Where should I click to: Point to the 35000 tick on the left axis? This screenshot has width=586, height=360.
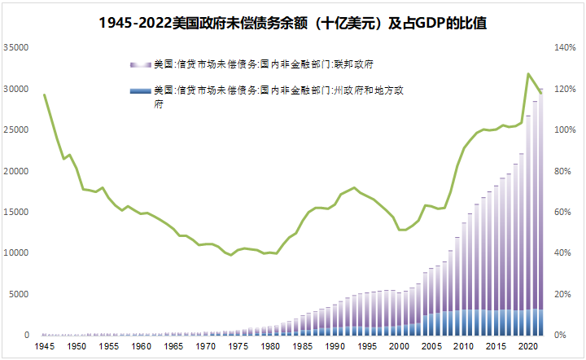[x=17, y=48]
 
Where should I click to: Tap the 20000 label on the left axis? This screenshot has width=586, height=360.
[x=17, y=171]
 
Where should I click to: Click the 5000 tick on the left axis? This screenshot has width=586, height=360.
[x=20, y=294]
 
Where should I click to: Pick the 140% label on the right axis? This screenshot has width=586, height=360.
[x=564, y=48]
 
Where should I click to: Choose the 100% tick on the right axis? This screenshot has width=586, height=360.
[x=564, y=130]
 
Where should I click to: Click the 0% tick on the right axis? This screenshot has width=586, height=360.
[x=560, y=336]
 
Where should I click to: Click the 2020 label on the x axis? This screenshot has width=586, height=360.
[x=525, y=347]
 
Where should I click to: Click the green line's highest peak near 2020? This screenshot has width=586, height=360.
[x=529, y=74]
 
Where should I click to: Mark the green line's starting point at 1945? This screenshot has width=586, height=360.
[x=44, y=95]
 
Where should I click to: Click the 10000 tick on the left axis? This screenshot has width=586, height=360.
[x=17, y=253]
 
